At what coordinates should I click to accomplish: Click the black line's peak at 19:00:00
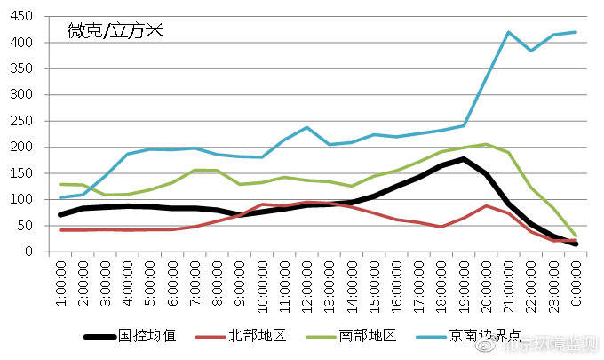click(464, 159)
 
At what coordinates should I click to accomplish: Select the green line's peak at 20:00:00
click(486, 144)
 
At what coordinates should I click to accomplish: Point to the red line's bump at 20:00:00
click(486, 206)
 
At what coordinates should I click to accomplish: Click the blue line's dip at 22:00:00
click(531, 51)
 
